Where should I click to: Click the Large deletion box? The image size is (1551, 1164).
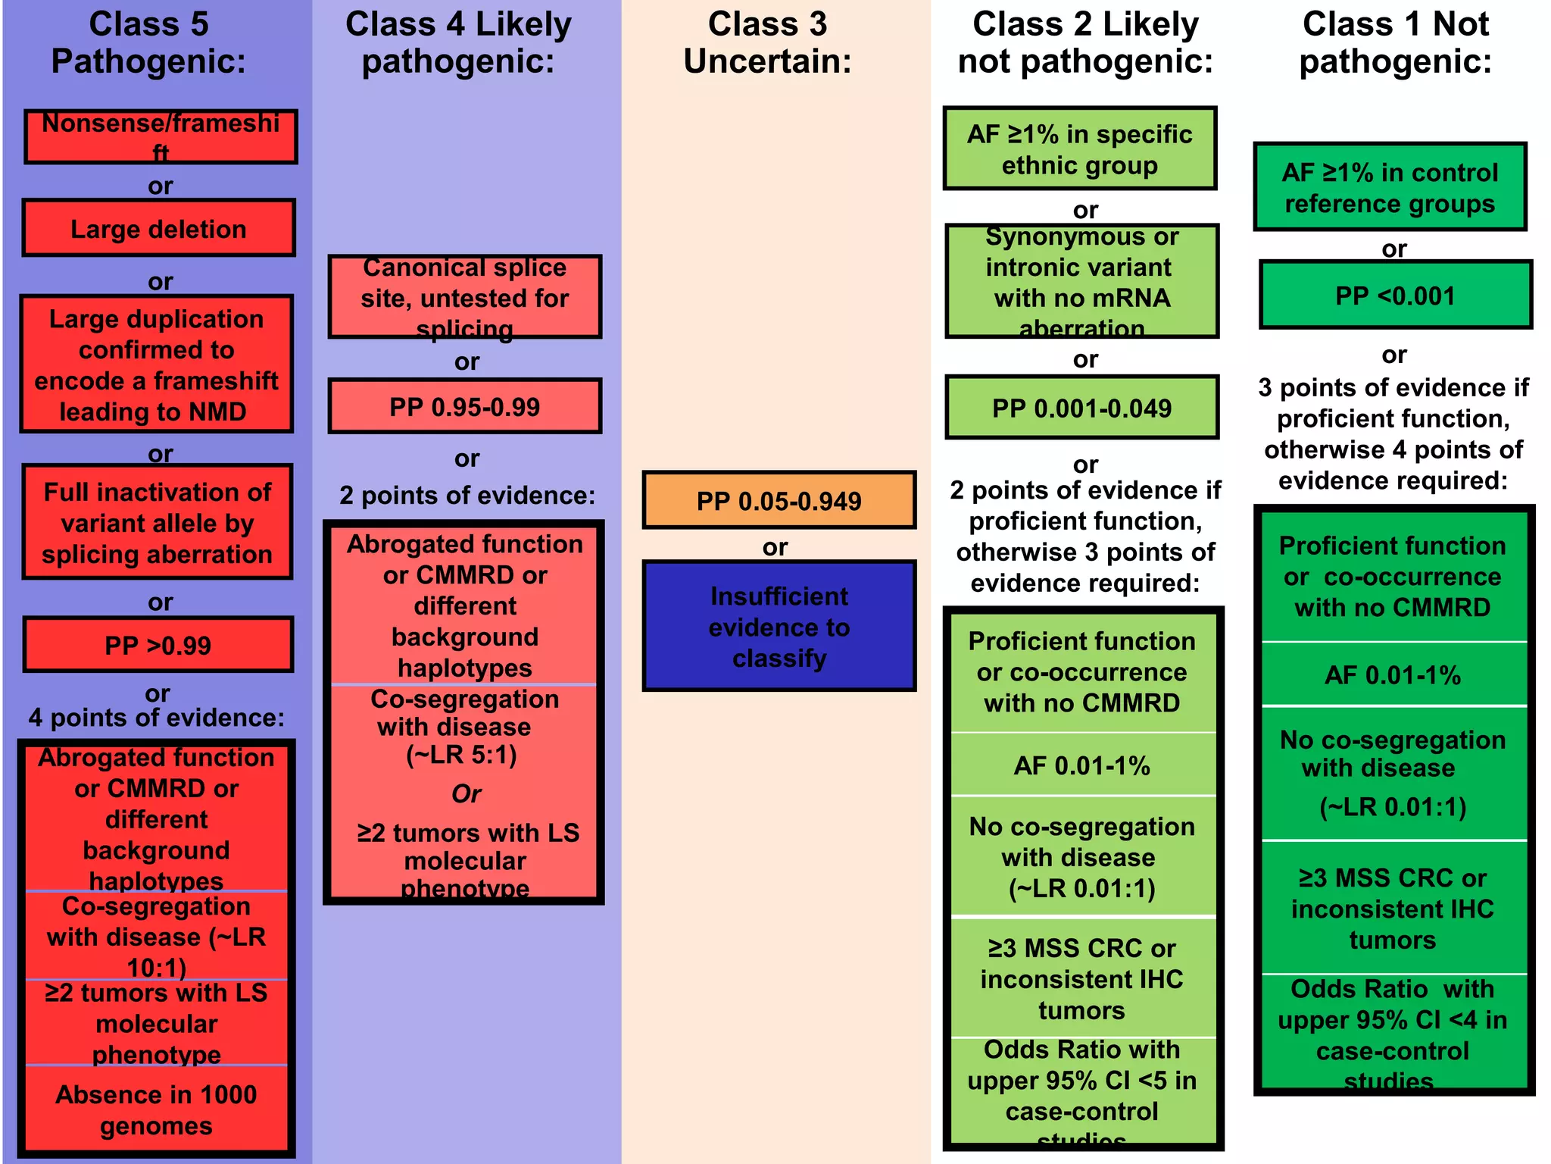pyautogui.click(x=158, y=228)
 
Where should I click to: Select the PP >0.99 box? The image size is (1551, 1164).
pyautogui.click(x=158, y=645)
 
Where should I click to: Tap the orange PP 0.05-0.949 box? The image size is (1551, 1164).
pyautogui.click(x=779, y=500)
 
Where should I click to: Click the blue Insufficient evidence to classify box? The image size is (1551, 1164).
pyautogui.click(x=779, y=627)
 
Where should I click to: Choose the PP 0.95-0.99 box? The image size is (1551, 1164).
pyautogui.click(x=464, y=406)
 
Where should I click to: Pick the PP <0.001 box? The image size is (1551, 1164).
pyautogui.click(x=1395, y=295)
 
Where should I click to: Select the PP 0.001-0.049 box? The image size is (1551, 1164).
pyautogui.click(x=1081, y=408)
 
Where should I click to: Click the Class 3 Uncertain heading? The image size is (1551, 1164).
pyautogui.click(x=767, y=42)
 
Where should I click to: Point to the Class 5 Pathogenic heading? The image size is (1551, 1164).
pyautogui.click(x=149, y=42)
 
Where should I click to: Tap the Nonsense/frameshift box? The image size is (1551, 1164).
pyautogui.click(x=161, y=136)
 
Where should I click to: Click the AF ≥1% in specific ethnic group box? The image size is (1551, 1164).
pyautogui.click(x=1079, y=149)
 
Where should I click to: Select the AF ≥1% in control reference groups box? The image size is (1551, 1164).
pyautogui.click(x=1390, y=187)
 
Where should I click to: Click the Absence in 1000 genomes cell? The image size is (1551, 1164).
pyautogui.click(x=156, y=1109)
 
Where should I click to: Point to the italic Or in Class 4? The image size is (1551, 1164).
pyautogui.click(x=466, y=793)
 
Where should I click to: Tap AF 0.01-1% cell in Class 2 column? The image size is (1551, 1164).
pyautogui.click(x=1081, y=765)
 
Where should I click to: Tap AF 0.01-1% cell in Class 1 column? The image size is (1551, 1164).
pyautogui.click(x=1392, y=674)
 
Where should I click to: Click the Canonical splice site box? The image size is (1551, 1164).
pyautogui.click(x=464, y=297)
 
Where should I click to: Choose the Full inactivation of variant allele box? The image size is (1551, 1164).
pyautogui.click(x=158, y=522)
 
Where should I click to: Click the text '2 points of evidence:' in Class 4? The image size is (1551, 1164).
pyautogui.click(x=467, y=495)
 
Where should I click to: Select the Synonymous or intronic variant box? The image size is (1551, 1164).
pyautogui.click(x=1081, y=281)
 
